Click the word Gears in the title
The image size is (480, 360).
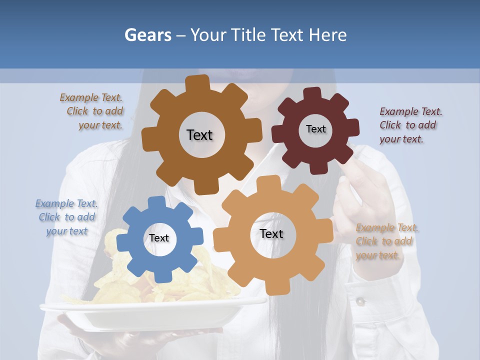(x=148, y=35)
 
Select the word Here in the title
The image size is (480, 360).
(x=327, y=35)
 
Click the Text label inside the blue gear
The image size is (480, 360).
(x=159, y=238)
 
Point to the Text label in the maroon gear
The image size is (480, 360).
(x=315, y=129)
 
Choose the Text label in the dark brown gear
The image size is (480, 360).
(x=199, y=135)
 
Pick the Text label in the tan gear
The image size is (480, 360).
(x=271, y=234)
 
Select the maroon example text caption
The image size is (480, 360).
(x=410, y=125)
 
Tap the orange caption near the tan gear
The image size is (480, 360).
(x=386, y=241)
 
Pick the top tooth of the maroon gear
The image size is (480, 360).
(x=312, y=93)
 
